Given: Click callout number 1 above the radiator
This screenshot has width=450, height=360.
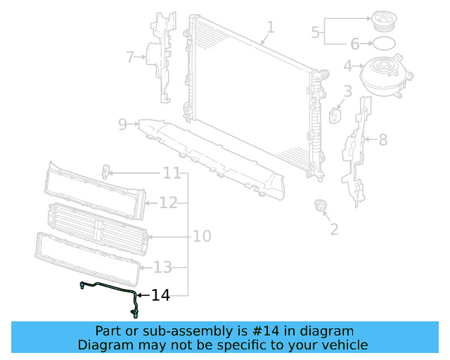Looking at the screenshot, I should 270,28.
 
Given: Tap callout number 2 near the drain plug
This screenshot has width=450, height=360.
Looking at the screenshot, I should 334,229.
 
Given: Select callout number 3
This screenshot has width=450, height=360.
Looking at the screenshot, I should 347,91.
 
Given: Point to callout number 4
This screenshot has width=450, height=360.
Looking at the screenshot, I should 347,67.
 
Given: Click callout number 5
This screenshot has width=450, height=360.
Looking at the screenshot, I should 316,32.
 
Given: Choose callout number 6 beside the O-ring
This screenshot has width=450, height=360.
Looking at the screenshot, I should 355,44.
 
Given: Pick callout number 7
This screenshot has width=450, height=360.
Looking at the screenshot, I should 129,57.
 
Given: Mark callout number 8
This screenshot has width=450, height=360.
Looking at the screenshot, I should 383,140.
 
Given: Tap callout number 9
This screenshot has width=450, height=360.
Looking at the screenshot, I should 122,124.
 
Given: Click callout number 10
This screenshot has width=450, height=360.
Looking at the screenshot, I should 202,236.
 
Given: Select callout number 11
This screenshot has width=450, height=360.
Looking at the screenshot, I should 172,173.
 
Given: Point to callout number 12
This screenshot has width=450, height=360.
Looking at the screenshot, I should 168,203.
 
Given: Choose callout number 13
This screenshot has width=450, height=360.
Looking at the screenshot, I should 162,267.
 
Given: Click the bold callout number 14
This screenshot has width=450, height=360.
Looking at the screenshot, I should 161,295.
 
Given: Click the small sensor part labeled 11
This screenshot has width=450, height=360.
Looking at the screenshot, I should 107,171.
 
